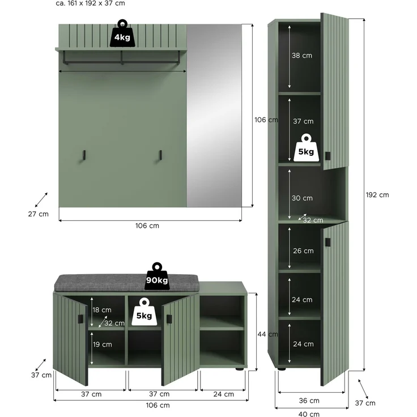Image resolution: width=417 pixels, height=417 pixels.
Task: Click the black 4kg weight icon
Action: click(x=122, y=33)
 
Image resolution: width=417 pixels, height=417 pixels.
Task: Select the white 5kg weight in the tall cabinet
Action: click(x=306, y=148)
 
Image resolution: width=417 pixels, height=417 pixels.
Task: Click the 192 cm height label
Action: click(x=377, y=195)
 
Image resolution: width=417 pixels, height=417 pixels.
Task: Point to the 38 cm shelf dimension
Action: click(x=302, y=56)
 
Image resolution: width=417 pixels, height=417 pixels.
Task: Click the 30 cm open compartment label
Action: click(x=302, y=198)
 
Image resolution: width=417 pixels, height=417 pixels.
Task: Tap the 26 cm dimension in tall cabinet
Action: click(x=303, y=251)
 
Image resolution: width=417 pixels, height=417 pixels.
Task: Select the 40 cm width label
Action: click(x=309, y=414)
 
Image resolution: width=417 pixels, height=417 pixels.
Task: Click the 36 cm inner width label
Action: click(x=309, y=401)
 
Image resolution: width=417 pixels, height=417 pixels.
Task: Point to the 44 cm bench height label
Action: click(x=267, y=334)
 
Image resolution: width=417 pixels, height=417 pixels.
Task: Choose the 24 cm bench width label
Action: click(x=223, y=394)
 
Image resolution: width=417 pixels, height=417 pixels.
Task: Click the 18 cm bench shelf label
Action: click(x=102, y=310)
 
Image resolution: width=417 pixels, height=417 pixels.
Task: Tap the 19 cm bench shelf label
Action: click(x=103, y=344)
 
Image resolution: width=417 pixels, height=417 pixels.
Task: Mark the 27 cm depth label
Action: click(x=39, y=214)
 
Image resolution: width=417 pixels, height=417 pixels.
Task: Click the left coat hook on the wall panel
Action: click(x=83, y=155)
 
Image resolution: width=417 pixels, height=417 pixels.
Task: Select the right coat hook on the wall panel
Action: click(x=160, y=155)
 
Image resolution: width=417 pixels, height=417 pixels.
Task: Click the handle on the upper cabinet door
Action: click(x=327, y=156)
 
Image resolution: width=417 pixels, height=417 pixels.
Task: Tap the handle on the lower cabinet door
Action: click(x=327, y=242)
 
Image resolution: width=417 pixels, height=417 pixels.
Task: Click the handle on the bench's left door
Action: click(x=80, y=320)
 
